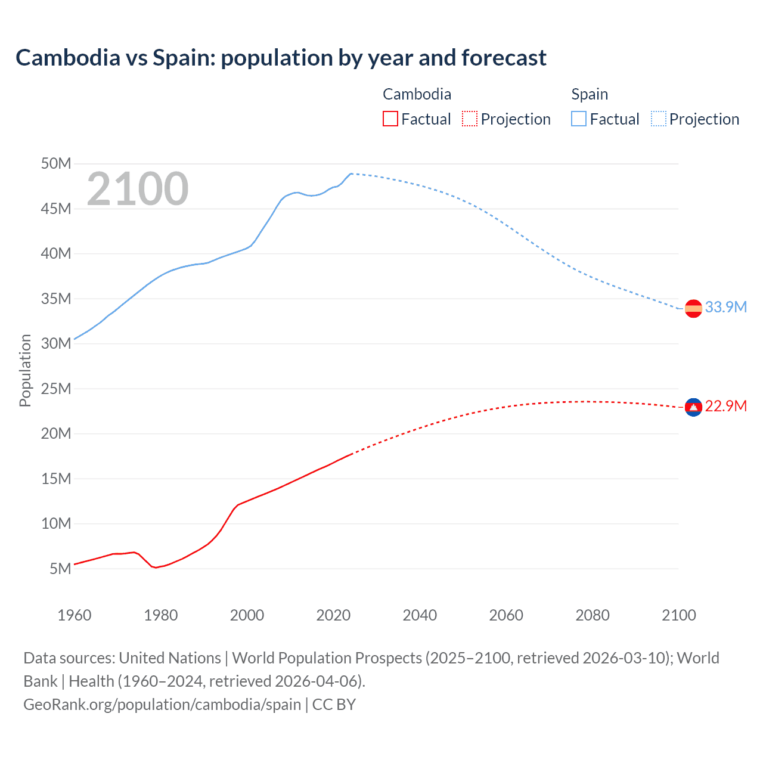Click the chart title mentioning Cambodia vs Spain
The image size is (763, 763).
pos(281,58)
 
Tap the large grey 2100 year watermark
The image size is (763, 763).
pos(138,189)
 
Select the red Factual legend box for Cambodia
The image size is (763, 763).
pos(390,119)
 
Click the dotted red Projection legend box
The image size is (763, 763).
pos(470,119)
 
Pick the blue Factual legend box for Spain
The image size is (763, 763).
pos(579,119)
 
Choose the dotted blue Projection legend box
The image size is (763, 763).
pos(659,119)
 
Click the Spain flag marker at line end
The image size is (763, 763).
pos(693,308)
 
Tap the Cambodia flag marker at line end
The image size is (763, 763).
pos(693,407)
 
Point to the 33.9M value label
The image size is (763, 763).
pos(725,307)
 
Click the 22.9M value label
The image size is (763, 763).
pos(725,406)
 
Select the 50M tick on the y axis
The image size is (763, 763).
pos(56,163)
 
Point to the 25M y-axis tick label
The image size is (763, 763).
pos(56,389)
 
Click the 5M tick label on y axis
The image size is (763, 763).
pos(60,569)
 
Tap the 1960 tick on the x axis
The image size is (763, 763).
pos(75,615)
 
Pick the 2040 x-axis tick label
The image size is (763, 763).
pos(420,615)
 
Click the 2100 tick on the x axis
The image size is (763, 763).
pos(678,615)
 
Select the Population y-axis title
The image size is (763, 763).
pos(25,370)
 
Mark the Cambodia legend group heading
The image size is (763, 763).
pos(417,94)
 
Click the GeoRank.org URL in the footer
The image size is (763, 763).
pos(162,704)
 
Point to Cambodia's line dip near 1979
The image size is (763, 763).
pos(156,567)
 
